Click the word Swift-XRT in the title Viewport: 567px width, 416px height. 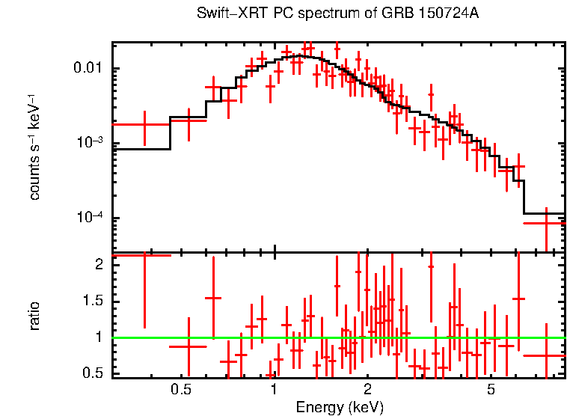227,13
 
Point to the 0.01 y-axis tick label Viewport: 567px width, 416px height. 91,70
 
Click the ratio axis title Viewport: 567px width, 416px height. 34,316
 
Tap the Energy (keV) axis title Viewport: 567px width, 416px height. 339,407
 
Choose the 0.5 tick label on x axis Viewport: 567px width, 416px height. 180,390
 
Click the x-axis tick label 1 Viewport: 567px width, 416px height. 275,390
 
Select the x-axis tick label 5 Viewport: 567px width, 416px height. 491,390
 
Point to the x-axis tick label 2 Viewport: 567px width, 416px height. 367,390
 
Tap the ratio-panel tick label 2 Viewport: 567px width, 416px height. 102,265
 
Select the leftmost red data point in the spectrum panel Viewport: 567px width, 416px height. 144,124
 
